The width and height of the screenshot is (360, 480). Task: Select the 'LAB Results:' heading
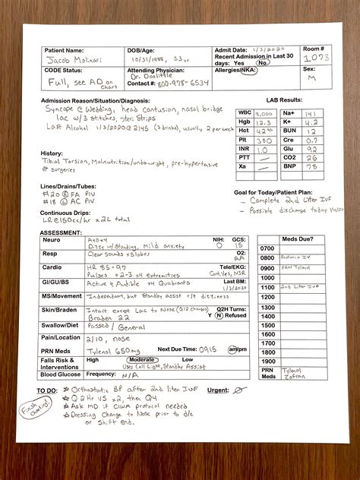coord(284,99)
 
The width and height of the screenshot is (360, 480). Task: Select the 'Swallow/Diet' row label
coord(61,324)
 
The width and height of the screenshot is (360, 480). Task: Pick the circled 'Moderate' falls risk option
coord(141,358)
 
